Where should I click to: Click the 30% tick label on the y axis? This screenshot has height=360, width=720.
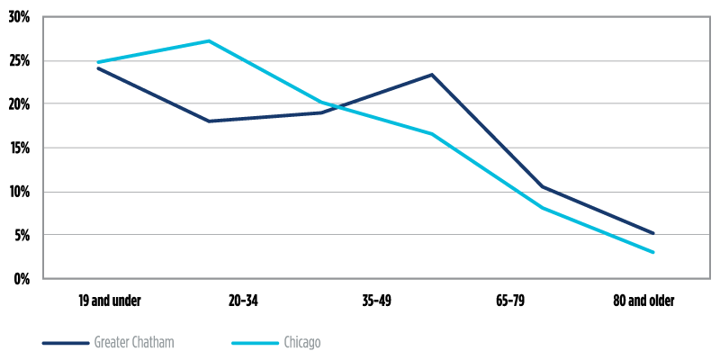pyautogui.click(x=18, y=17)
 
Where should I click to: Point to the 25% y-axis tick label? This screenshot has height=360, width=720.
pyautogui.click(x=18, y=61)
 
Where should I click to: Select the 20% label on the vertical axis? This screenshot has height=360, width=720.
pyautogui.click(x=18, y=104)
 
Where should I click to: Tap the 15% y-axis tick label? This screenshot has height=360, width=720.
pyautogui.click(x=18, y=148)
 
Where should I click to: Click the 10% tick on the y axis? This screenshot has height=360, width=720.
pyautogui.click(x=18, y=192)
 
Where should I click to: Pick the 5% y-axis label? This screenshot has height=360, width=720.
pyautogui.click(x=21, y=236)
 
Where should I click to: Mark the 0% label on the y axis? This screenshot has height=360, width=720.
pyautogui.click(x=21, y=279)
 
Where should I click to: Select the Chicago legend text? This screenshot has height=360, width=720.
pyautogui.click(x=301, y=343)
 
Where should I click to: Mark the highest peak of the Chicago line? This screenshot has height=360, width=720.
pyautogui.click(x=209, y=40)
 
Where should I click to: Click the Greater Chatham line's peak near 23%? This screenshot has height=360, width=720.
pyautogui.click(x=432, y=75)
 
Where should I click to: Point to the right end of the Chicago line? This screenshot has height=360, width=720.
pyautogui.click(x=653, y=252)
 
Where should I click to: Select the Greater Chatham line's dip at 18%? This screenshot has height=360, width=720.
pyautogui.click(x=209, y=121)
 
